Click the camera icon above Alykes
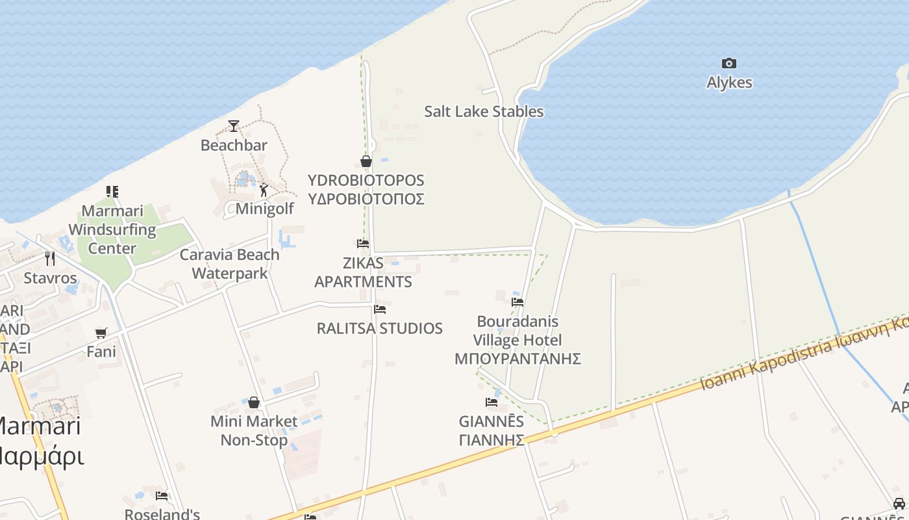click(x=729, y=63)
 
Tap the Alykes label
click(x=729, y=83)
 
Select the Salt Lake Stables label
click(x=484, y=111)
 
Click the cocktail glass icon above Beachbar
click(x=234, y=125)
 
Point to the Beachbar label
click(x=234, y=145)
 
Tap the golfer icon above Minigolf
click(x=264, y=190)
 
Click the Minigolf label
click(x=264, y=209)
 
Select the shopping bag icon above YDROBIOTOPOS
click(x=366, y=161)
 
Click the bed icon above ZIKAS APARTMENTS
click(x=363, y=244)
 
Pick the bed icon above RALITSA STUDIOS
click(x=380, y=309)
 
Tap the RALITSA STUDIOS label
click(x=380, y=328)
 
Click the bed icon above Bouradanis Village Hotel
click(x=517, y=302)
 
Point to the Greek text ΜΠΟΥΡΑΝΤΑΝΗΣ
click(x=517, y=359)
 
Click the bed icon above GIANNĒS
click(x=492, y=402)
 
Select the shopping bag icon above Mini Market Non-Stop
click(x=254, y=402)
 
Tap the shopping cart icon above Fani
click(x=101, y=333)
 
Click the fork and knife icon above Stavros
click(x=50, y=259)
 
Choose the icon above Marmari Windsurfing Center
click(x=112, y=192)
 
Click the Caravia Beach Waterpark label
click(x=230, y=264)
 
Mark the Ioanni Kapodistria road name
click(x=766, y=367)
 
